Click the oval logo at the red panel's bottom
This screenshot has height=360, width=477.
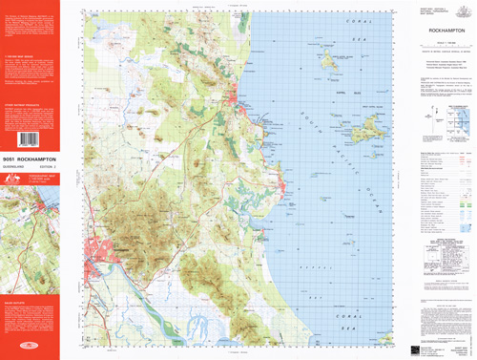[x=30, y=349]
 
